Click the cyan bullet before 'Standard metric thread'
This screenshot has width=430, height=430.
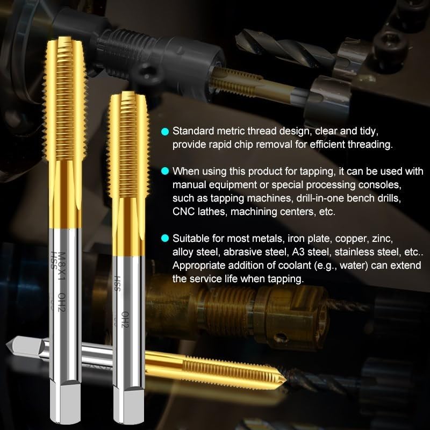[x=164, y=132]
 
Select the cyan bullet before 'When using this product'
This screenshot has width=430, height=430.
[x=164, y=171]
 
